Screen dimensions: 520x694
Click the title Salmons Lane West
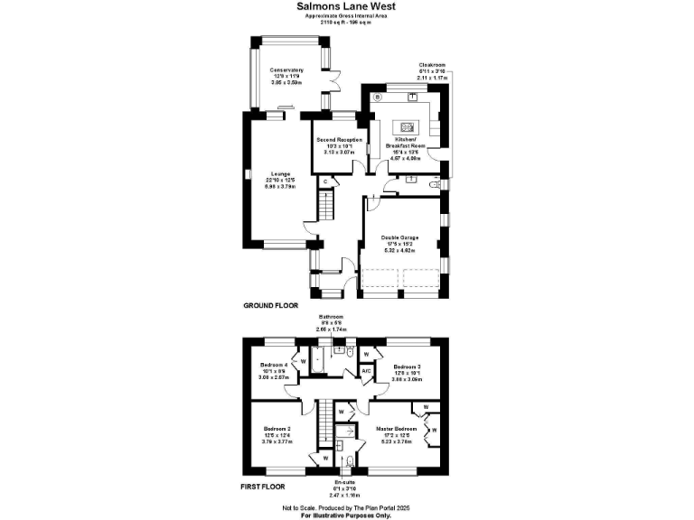click(x=346, y=6)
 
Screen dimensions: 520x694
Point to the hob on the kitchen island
click(x=406, y=126)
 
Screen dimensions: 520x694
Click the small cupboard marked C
click(x=324, y=181)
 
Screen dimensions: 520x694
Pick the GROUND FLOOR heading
click(x=270, y=306)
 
